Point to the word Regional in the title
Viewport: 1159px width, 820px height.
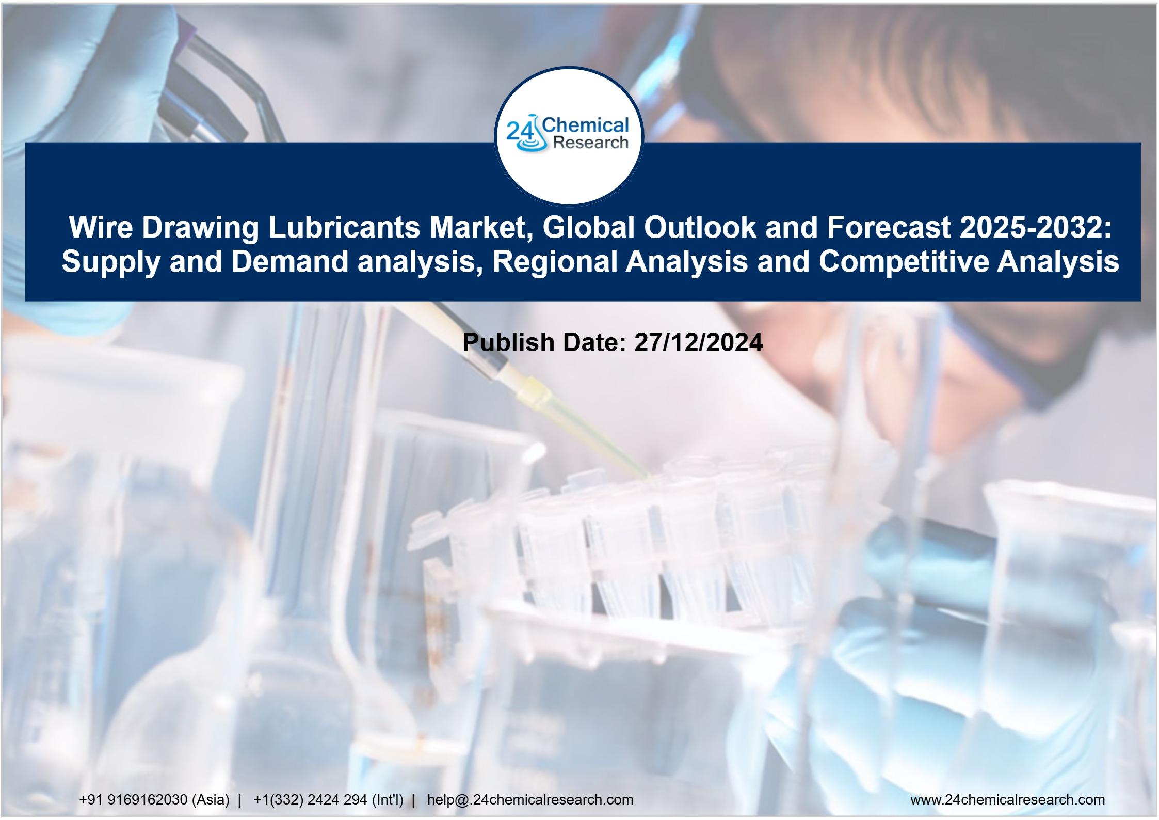pos(555,261)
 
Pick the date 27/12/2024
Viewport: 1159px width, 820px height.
pos(699,342)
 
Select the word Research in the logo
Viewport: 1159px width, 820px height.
pos(590,142)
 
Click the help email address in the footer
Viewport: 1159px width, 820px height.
pos(530,800)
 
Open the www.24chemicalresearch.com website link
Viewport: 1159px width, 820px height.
pos(1007,800)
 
